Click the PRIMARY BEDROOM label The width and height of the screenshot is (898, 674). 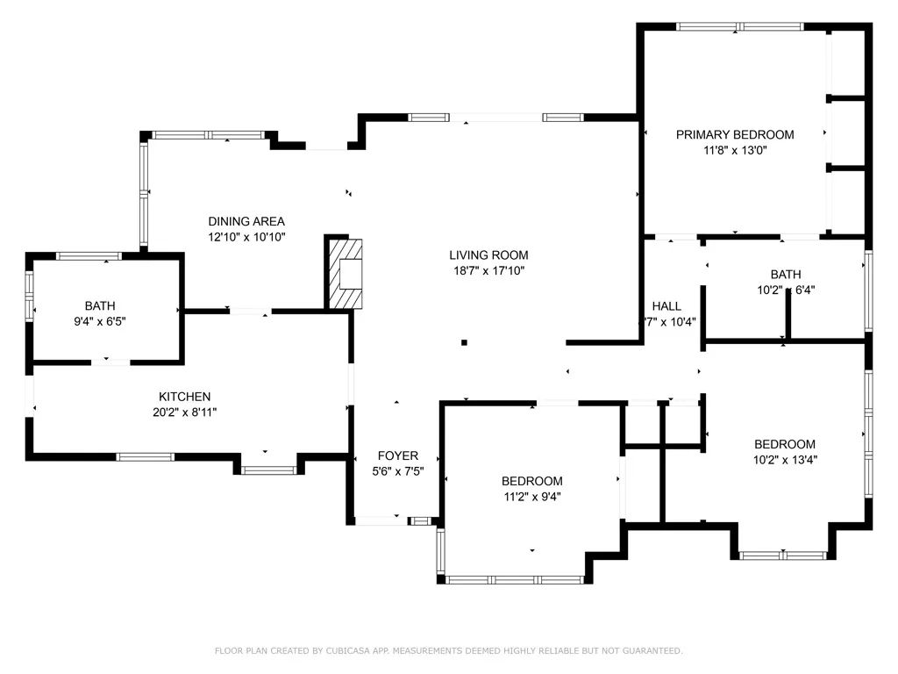point(735,134)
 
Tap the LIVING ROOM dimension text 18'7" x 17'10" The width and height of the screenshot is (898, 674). point(488,271)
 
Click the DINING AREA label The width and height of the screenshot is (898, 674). point(246,221)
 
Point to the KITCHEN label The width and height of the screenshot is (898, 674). point(184,397)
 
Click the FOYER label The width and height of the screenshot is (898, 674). point(397,455)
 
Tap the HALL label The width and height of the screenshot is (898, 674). point(666,306)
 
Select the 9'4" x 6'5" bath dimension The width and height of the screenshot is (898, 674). point(100,321)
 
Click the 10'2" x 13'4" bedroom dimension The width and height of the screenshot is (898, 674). point(785,459)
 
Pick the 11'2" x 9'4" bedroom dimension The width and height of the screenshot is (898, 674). point(531,496)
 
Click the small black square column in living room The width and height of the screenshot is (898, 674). point(465,342)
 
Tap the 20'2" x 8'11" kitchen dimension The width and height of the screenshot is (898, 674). point(184,412)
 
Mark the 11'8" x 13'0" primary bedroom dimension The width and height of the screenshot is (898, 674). point(735,150)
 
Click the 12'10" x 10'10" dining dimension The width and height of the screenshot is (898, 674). point(246,237)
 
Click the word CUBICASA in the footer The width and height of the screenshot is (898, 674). point(359,650)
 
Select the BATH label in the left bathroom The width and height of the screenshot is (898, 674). point(100,305)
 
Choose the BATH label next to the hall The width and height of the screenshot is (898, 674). point(785,274)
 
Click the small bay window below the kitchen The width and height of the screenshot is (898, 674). point(267,470)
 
